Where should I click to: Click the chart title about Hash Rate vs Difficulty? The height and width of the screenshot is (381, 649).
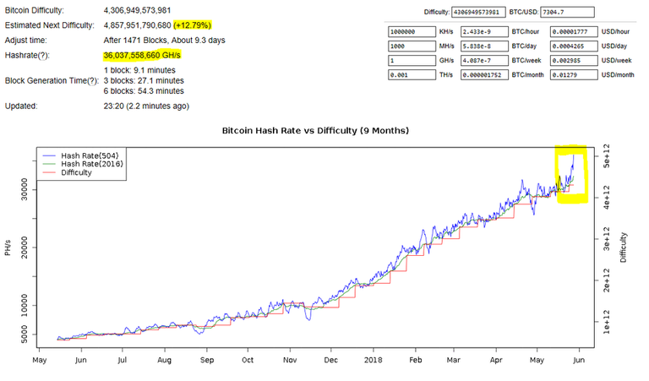314,131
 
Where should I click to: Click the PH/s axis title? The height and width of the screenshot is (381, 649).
8,248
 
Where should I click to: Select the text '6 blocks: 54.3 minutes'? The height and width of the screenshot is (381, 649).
144,90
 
